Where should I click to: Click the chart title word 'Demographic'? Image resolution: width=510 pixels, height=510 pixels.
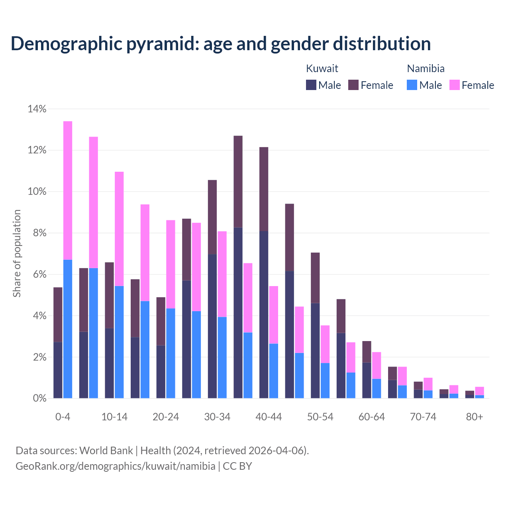(x=66, y=44)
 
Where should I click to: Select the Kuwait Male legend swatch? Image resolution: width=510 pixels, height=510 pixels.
(x=311, y=85)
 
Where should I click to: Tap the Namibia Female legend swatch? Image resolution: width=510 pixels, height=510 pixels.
(x=454, y=85)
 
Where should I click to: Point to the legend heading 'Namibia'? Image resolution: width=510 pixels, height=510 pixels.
(x=426, y=69)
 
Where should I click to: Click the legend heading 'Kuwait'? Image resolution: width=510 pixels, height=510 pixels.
(x=322, y=69)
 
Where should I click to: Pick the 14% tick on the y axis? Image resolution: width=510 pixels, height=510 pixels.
(x=37, y=109)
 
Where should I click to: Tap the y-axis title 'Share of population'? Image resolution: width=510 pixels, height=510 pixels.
(x=17, y=253)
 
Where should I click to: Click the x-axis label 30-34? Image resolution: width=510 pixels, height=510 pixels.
(x=217, y=417)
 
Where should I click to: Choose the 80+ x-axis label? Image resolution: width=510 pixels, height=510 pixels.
(x=475, y=417)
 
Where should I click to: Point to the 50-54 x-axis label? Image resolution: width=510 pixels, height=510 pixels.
(x=320, y=417)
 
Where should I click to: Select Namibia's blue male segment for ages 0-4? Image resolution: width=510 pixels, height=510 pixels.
(x=68, y=329)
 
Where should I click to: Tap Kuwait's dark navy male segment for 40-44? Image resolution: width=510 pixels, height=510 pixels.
(x=264, y=315)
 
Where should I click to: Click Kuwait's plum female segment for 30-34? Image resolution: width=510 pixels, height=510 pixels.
(x=212, y=217)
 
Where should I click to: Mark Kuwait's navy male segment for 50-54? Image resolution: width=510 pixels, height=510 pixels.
(x=315, y=351)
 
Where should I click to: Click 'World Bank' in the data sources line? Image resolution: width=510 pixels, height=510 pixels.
(x=106, y=451)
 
